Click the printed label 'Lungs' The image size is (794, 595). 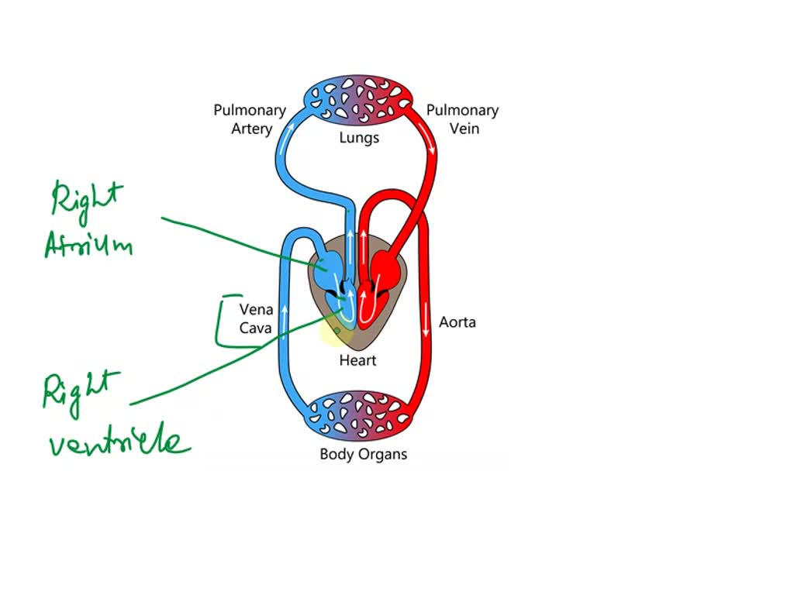(x=358, y=138)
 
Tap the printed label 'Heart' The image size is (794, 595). (x=357, y=360)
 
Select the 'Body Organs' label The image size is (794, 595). (x=363, y=455)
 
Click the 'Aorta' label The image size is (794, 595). (x=457, y=322)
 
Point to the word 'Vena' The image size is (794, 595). (x=256, y=310)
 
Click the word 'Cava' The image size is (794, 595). (x=256, y=328)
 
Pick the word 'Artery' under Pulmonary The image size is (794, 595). (x=252, y=129)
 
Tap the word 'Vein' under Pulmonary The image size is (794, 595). (x=464, y=129)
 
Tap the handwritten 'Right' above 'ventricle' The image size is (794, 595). (x=81, y=390)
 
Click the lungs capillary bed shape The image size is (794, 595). (x=358, y=100)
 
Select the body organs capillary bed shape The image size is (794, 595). (x=358, y=415)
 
